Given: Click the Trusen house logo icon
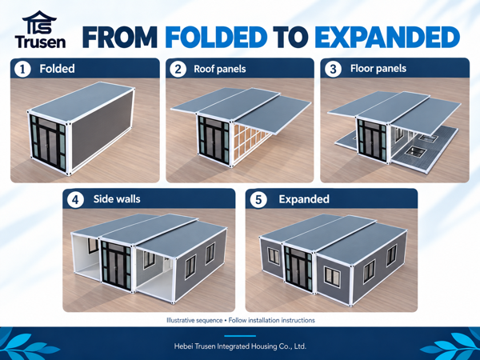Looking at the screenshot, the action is (40, 22).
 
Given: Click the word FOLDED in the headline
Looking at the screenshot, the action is (216, 38).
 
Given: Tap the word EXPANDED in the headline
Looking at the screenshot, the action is (387, 38).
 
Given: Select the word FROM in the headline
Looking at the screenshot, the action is (120, 38).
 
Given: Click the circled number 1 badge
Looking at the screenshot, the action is (22, 69).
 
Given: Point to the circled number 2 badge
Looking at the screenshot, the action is (178, 69).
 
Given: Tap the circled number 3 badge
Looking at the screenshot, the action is (333, 69).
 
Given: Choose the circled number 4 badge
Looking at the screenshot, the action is (75, 200).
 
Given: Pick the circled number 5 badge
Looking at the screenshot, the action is (258, 200).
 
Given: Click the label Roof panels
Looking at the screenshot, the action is (220, 69).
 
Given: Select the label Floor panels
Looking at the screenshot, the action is (378, 68).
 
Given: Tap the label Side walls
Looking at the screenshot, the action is (117, 199).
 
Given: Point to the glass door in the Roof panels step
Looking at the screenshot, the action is (214, 140).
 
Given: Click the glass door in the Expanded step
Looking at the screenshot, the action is (298, 267).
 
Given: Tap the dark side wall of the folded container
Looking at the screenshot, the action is (102, 125).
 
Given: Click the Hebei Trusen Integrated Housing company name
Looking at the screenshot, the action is (240, 346).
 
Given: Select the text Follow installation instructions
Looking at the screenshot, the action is (271, 320).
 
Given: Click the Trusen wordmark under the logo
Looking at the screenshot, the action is (40, 42).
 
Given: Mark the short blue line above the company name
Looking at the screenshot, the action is (240, 336).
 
